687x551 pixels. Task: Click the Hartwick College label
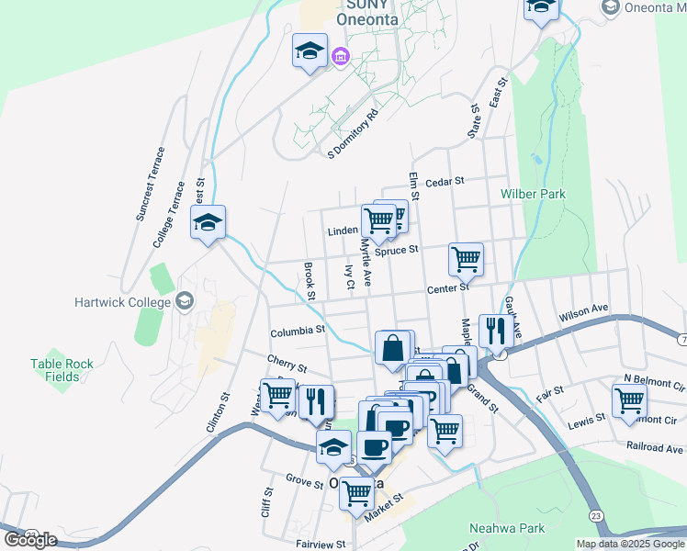(x=124, y=302)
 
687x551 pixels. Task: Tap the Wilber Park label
(x=533, y=194)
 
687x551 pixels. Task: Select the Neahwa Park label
(x=507, y=528)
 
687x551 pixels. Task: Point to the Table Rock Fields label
(x=62, y=370)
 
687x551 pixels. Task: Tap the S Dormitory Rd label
(x=354, y=135)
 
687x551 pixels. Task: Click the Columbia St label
(x=298, y=330)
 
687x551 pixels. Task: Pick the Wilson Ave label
(x=584, y=314)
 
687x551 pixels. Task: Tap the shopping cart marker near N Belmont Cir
(x=629, y=399)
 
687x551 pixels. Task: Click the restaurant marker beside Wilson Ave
(x=496, y=331)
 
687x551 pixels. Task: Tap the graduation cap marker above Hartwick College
(x=208, y=221)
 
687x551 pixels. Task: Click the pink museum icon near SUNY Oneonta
(x=341, y=58)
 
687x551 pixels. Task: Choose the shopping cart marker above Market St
(x=356, y=492)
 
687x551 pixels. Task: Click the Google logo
(x=30, y=540)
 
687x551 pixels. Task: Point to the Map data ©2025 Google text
(x=629, y=544)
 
